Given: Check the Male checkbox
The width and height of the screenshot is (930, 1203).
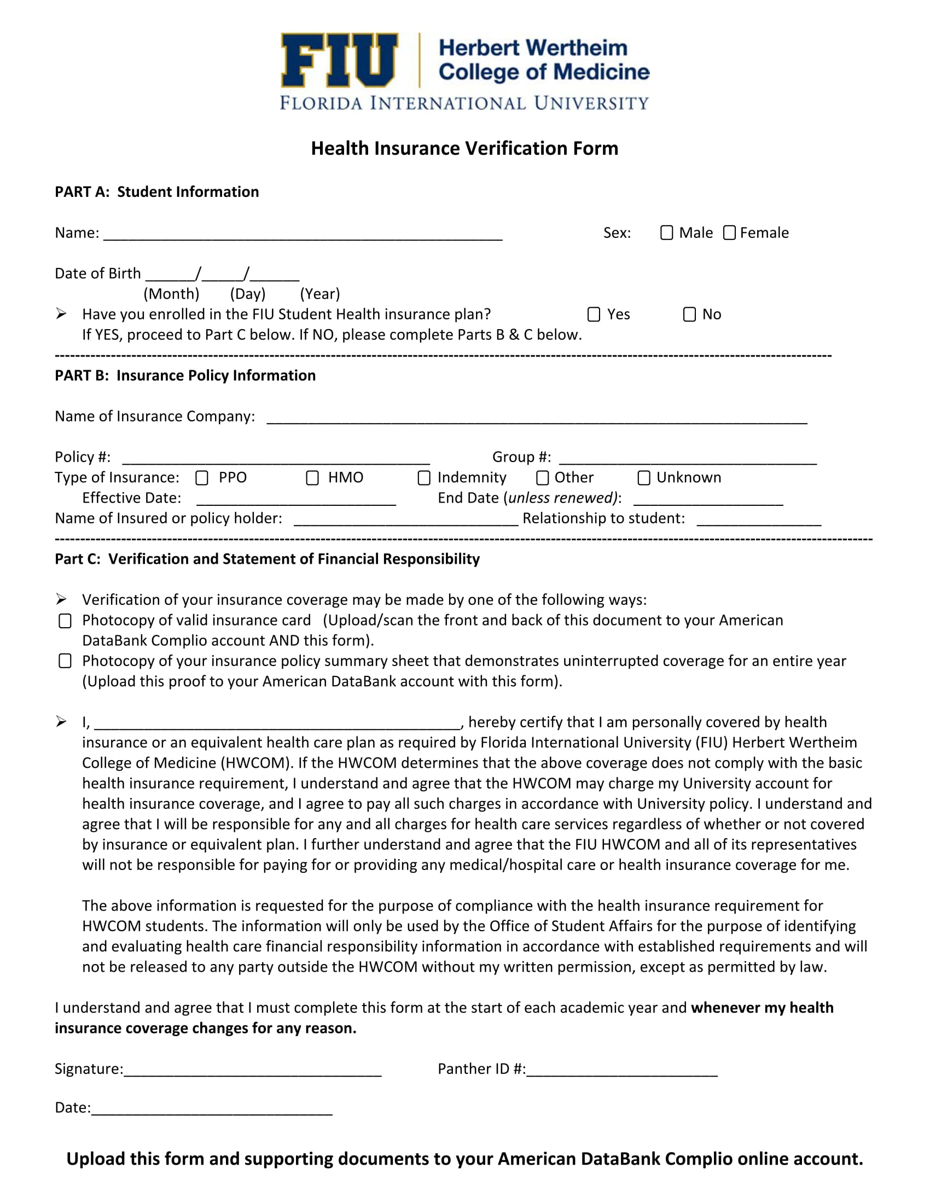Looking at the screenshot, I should pyautogui.click(x=667, y=232).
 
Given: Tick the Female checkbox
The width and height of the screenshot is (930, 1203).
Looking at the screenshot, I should pyautogui.click(x=729, y=232).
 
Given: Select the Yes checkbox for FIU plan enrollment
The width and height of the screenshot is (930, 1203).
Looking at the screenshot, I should pyautogui.click(x=594, y=314).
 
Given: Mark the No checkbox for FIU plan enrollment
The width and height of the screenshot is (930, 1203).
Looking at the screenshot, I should pyautogui.click(x=689, y=314).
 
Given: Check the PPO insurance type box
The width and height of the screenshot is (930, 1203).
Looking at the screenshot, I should pyautogui.click(x=202, y=477).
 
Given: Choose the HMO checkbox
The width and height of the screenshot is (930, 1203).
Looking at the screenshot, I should pyautogui.click(x=312, y=477).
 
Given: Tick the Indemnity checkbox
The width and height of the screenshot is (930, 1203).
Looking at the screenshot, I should pyautogui.click(x=423, y=477).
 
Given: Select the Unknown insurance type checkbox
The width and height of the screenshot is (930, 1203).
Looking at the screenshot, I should pyautogui.click(x=643, y=477).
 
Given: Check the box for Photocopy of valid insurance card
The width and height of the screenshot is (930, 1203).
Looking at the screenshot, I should pyautogui.click(x=65, y=621).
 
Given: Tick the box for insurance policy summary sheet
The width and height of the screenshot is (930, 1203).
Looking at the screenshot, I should pyautogui.click(x=65, y=661).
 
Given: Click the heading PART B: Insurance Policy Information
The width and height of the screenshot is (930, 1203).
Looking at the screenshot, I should pyautogui.click(x=185, y=375).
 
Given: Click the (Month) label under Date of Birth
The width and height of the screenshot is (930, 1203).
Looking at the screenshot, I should pyautogui.click(x=171, y=294).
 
